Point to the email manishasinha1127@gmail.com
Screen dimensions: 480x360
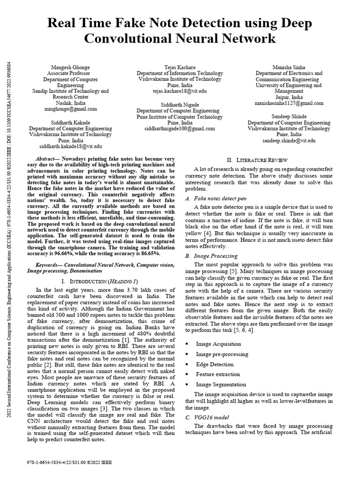(x=289, y=104)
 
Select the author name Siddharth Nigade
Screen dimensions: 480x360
(x=180, y=104)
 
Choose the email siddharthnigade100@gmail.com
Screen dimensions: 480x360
(x=180, y=128)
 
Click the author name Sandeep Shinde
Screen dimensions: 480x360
(x=289, y=116)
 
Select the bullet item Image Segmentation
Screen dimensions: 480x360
(x=218, y=384)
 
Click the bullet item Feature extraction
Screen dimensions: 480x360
(x=218, y=374)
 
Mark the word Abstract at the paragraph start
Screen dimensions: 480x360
(x=47, y=159)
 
